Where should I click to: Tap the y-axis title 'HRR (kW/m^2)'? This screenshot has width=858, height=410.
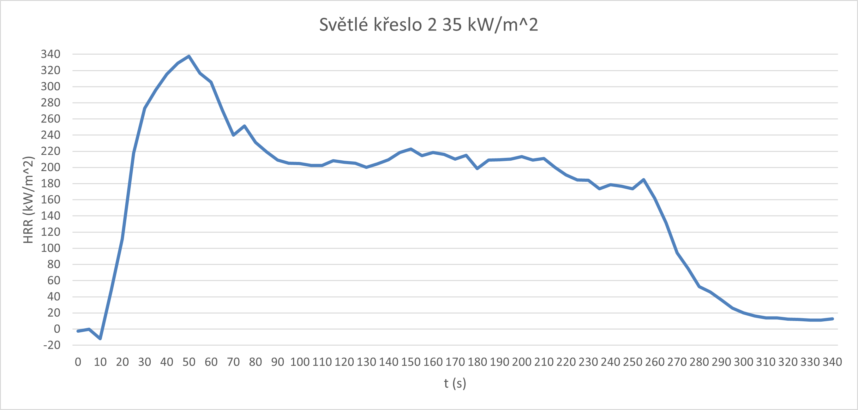click(29, 200)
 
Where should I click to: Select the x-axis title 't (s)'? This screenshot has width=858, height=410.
click(455, 383)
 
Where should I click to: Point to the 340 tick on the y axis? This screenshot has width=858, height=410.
click(51, 54)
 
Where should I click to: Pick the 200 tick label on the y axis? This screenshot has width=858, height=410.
click(51, 167)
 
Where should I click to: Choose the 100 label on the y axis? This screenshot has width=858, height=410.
click(51, 248)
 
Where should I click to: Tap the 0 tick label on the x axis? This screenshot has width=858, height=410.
click(78, 362)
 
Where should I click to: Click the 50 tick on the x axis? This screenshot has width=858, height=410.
click(189, 362)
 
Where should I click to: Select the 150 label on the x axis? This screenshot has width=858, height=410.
click(411, 362)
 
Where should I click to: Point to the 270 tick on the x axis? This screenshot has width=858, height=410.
click(677, 362)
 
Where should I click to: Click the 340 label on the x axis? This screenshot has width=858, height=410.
click(832, 362)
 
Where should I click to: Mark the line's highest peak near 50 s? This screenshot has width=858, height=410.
click(189, 56)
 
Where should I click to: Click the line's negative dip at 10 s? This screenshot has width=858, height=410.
click(100, 338)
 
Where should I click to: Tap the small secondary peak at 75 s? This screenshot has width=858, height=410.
click(244, 126)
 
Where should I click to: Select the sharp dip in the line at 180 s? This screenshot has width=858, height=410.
click(477, 169)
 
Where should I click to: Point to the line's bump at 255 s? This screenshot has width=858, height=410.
click(644, 180)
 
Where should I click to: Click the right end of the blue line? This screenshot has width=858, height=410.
click(832, 319)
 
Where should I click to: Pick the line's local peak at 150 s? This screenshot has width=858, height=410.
click(411, 149)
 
